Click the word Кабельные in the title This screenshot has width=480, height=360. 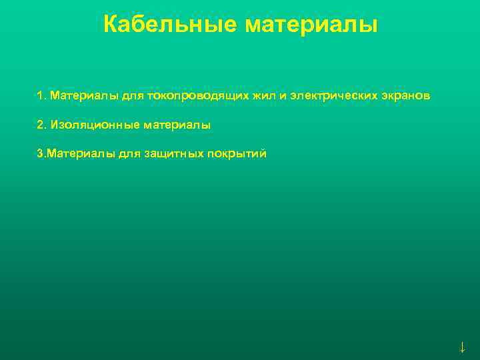(171, 25)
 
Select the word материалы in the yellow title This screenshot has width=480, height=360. (311, 25)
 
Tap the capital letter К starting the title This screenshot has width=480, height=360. (111, 25)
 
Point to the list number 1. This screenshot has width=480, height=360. (41, 96)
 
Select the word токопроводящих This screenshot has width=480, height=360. (197, 96)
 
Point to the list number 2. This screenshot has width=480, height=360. (41, 125)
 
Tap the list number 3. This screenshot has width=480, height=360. (40, 153)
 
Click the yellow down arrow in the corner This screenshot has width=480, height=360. (462, 347)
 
